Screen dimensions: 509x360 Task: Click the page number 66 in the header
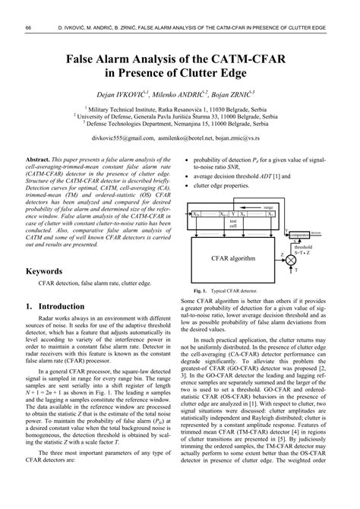click(x=28, y=29)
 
